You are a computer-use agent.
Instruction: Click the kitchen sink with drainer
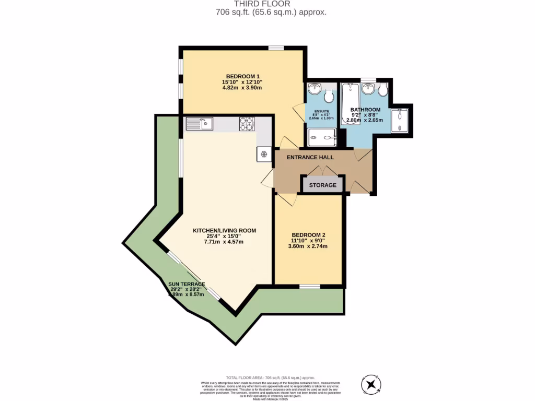199,124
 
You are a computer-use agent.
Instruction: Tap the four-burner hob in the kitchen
247,124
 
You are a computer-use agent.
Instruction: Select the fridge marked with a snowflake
264,155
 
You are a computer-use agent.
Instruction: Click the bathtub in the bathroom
347,104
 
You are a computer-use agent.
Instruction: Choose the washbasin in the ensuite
315,88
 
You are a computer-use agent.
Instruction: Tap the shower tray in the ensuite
321,138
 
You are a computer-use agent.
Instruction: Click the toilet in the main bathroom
382,90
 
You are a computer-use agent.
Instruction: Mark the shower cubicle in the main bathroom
401,120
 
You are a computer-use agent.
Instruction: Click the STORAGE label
322,185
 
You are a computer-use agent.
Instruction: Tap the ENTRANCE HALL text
310,157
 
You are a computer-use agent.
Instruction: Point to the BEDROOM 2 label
309,234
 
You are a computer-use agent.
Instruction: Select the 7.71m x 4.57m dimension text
225,242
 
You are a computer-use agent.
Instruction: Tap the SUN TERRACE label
187,285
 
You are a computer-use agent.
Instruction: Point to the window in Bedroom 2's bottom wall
310,286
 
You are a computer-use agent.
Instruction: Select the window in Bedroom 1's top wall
276,48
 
